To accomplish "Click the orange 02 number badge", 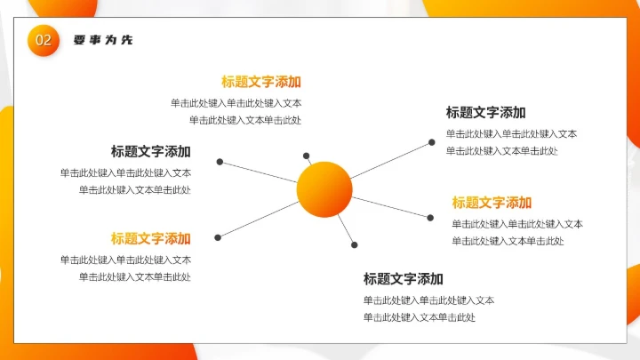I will [44, 40].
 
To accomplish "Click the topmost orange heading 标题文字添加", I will [261, 82].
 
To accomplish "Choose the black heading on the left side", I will [150, 151].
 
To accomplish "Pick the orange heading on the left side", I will [150, 238].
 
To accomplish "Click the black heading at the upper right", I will [485, 112].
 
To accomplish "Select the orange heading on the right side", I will [492, 203].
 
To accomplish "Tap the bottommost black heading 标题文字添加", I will [403, 278].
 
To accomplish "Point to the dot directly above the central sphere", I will [307, 156].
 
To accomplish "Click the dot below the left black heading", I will [220, 163].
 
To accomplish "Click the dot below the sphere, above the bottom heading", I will [354, 244].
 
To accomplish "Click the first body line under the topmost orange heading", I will [236, 103].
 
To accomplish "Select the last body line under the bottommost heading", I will [420, 317].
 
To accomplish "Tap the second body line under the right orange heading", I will [508, 241].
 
